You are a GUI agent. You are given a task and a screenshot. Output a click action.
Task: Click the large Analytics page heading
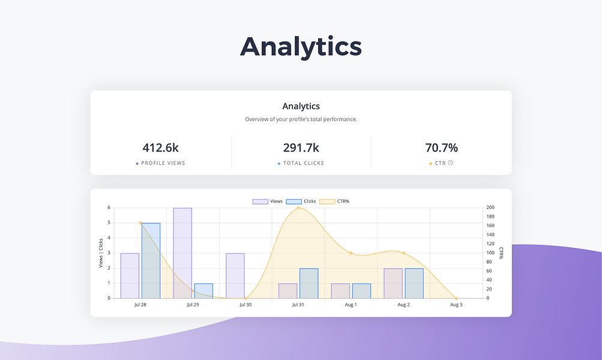pos(301,47)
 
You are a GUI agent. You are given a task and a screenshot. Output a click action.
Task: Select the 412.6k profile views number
pos(161,148)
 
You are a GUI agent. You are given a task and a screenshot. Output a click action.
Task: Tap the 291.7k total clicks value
pos(301,148)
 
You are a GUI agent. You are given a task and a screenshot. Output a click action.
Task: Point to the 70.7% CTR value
pos(441,148)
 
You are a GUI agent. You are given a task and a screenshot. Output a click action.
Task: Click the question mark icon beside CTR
pos(451,163)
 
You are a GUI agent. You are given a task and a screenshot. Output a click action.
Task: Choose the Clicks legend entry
pos(301,201)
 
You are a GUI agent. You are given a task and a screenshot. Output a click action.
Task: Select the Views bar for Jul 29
pos(182,253)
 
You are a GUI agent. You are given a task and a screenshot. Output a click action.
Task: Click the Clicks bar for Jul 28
pos(151,260)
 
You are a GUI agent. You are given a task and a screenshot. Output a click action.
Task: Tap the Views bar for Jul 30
pos(235,275)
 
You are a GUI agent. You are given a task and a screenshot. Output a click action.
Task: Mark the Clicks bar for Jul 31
pos(309,283)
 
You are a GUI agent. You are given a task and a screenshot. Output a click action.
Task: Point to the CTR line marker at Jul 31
pos(298,208)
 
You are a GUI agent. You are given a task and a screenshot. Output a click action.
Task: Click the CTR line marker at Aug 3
pos(456,298)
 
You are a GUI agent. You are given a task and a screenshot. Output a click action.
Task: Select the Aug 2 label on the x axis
pos(403,305)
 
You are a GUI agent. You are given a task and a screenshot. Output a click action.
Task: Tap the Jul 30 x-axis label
pos(245,305)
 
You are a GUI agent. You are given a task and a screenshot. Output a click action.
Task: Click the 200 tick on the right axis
pos(490,208)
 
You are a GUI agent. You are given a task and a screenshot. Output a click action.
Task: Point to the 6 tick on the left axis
pos(109,208)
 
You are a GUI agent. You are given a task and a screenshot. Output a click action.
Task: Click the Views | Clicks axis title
pos(101,253)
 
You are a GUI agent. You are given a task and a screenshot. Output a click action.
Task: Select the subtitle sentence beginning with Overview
pos(301,119)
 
